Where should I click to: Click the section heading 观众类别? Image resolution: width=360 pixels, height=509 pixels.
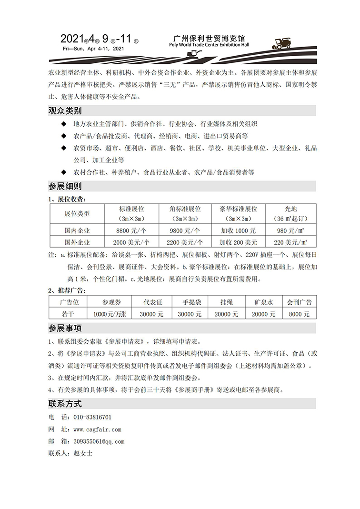(65, 111)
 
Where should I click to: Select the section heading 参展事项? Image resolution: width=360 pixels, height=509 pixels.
(65, 329)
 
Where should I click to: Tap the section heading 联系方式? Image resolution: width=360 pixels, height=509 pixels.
(65, 404)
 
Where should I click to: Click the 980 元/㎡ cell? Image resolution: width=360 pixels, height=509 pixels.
(290, 230)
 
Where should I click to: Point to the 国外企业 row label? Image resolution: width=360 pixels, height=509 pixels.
(77, 242)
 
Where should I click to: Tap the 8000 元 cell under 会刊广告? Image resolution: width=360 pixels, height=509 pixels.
(299, 314)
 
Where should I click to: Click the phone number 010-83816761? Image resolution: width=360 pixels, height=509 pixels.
(92, 417)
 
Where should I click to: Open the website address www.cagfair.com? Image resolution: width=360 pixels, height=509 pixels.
(97, 429)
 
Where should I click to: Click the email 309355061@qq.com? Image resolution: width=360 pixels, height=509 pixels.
(99, 442)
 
